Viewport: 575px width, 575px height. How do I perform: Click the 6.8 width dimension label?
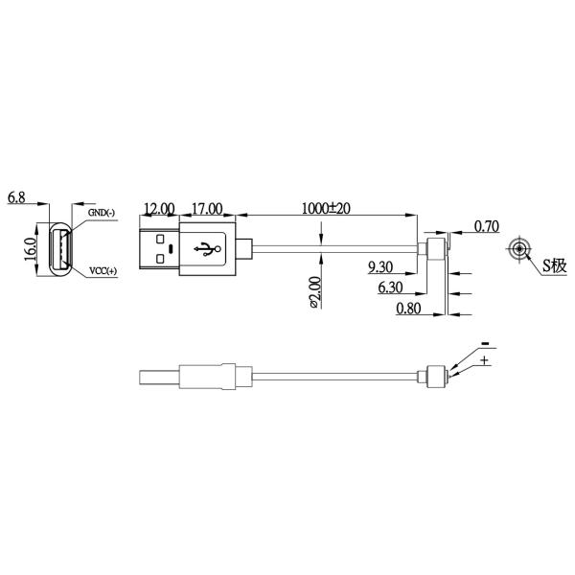coord(16,198)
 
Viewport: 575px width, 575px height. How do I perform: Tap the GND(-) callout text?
coord(101,213)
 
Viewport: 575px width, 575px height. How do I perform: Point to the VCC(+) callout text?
coord(103,271)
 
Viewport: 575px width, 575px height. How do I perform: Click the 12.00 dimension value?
coord(159,208)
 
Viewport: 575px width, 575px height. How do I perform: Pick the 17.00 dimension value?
coord(207,208)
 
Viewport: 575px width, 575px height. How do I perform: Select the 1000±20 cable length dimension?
coord(326,208)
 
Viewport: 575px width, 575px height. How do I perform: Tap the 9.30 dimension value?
coord(380,266)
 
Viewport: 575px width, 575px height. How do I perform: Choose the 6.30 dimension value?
coord(390,287)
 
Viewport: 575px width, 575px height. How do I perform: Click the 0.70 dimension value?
coord(487,227)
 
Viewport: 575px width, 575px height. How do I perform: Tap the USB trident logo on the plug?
coord(207,249)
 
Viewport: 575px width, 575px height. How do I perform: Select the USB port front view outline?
coord(59,250)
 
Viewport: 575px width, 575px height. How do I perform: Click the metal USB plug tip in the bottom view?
coord(159,376)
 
